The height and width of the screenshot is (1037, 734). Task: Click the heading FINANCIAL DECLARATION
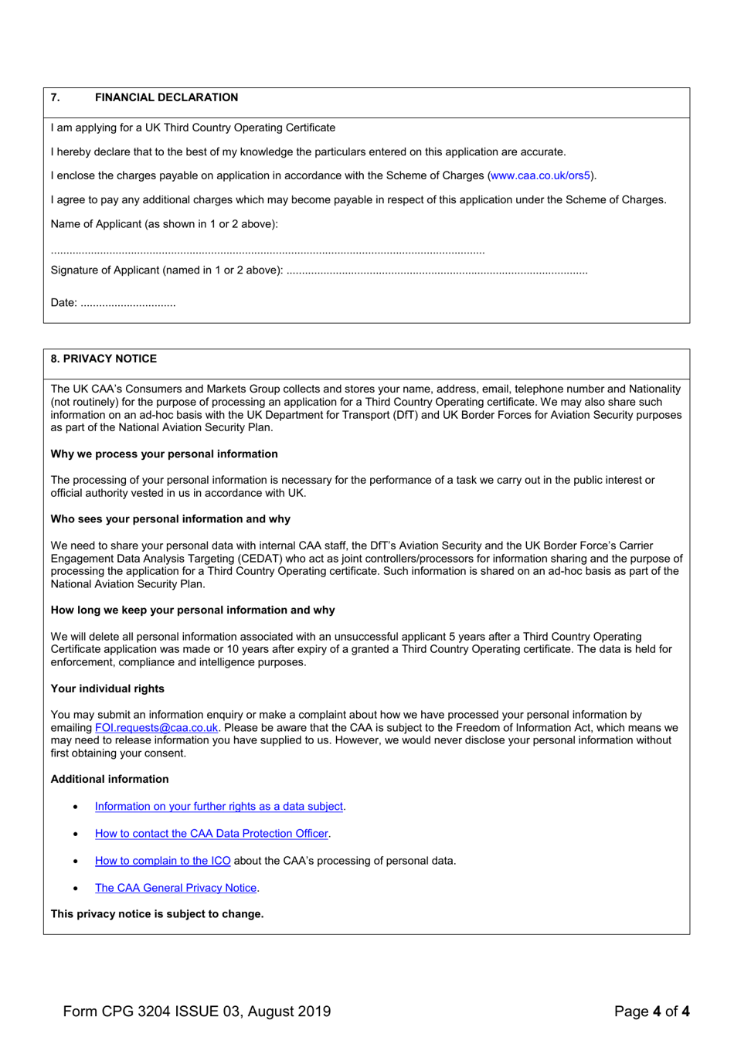(166, 97)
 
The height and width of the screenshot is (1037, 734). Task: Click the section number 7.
(55, 97)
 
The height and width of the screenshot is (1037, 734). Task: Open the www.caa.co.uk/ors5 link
(541, 175)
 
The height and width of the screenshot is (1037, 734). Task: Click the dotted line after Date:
(128, 304)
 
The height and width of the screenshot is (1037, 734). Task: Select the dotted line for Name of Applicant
(267, 252)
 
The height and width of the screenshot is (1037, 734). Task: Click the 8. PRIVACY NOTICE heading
(104, 359)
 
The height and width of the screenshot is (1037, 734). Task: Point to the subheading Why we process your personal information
(164, 454)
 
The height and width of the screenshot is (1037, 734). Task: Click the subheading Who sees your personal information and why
(170, 518)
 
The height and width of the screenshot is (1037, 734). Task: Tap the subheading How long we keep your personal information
(192, 610)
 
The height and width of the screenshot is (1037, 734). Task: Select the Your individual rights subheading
(107, 688)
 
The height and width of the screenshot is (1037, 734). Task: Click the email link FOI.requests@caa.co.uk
(156, 727)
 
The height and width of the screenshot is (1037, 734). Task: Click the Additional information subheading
(110, 779)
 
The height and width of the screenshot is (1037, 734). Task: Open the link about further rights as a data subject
(219, 806)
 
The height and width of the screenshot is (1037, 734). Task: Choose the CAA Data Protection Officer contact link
(211, 833)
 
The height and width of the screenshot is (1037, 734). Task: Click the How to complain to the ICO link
(162, 860)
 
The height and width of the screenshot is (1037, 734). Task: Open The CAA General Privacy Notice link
(175, 888)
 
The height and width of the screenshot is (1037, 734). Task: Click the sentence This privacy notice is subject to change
(157, 913)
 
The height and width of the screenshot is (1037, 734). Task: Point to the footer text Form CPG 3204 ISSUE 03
(196, 1011)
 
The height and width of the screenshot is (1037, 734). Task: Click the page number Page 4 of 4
(651, 1011)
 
